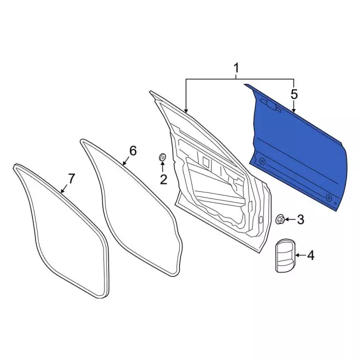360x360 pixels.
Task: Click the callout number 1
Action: (x=236, y=69)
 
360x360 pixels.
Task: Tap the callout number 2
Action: (x=164, y=179)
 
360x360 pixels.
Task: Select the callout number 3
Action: (x=300, y=219)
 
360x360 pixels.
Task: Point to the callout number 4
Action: (x=310, y=255)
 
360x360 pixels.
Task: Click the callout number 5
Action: (x=294, y=94)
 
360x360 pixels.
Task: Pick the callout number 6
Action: (x=133, y=151)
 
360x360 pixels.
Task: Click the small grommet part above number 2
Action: (x=163, y=157)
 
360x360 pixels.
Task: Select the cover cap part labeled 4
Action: (x=285, y=255)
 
